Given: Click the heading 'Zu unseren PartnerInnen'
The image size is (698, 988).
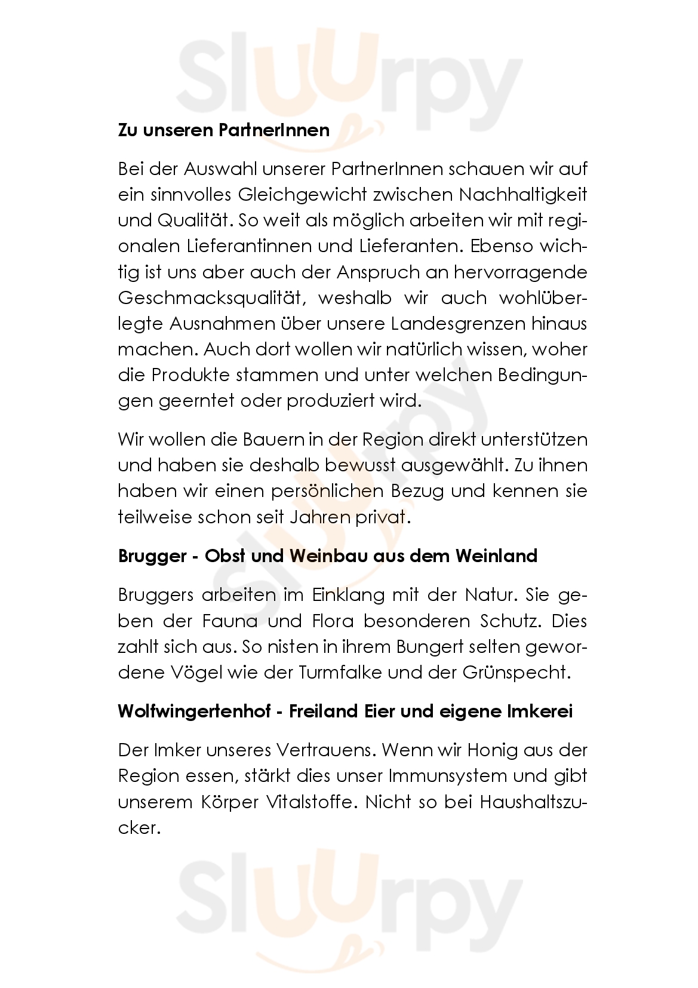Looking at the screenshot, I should (x=223, y=130).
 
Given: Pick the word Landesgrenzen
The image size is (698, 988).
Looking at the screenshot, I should (x=458, y=324).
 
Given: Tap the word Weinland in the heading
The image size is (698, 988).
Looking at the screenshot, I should (x=496, y=556).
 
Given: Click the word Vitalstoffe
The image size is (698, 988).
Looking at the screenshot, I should (x=304, y=802).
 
